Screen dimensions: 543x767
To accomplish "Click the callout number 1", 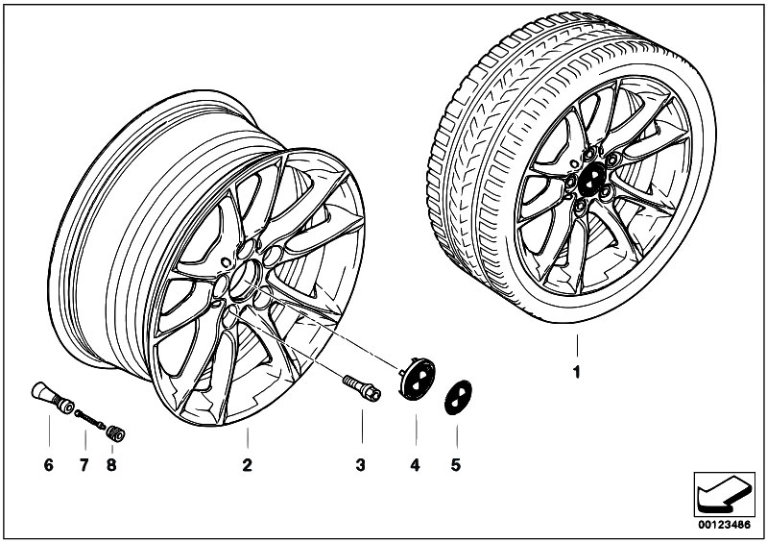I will tap(577, 370).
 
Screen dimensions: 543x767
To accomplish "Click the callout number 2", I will tap(247, 466).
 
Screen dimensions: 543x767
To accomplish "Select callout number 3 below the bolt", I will tap(360, 466).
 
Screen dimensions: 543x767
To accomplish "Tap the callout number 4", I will tap(415, 466).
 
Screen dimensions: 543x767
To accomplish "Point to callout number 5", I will tap(456, 466).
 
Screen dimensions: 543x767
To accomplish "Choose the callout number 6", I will tap(46, 466).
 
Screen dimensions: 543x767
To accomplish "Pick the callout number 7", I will tap(84, 466).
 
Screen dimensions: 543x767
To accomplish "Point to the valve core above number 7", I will tap(91, 420).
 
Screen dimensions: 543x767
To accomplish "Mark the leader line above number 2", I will tap(247, 441).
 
